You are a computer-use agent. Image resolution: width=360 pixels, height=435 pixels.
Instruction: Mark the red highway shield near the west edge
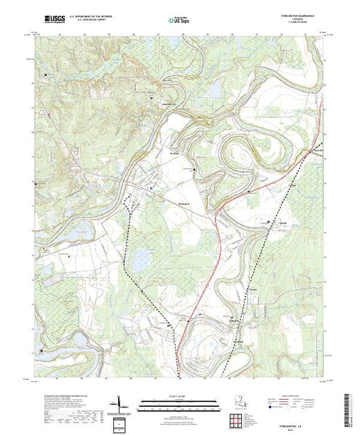pos(50,109)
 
